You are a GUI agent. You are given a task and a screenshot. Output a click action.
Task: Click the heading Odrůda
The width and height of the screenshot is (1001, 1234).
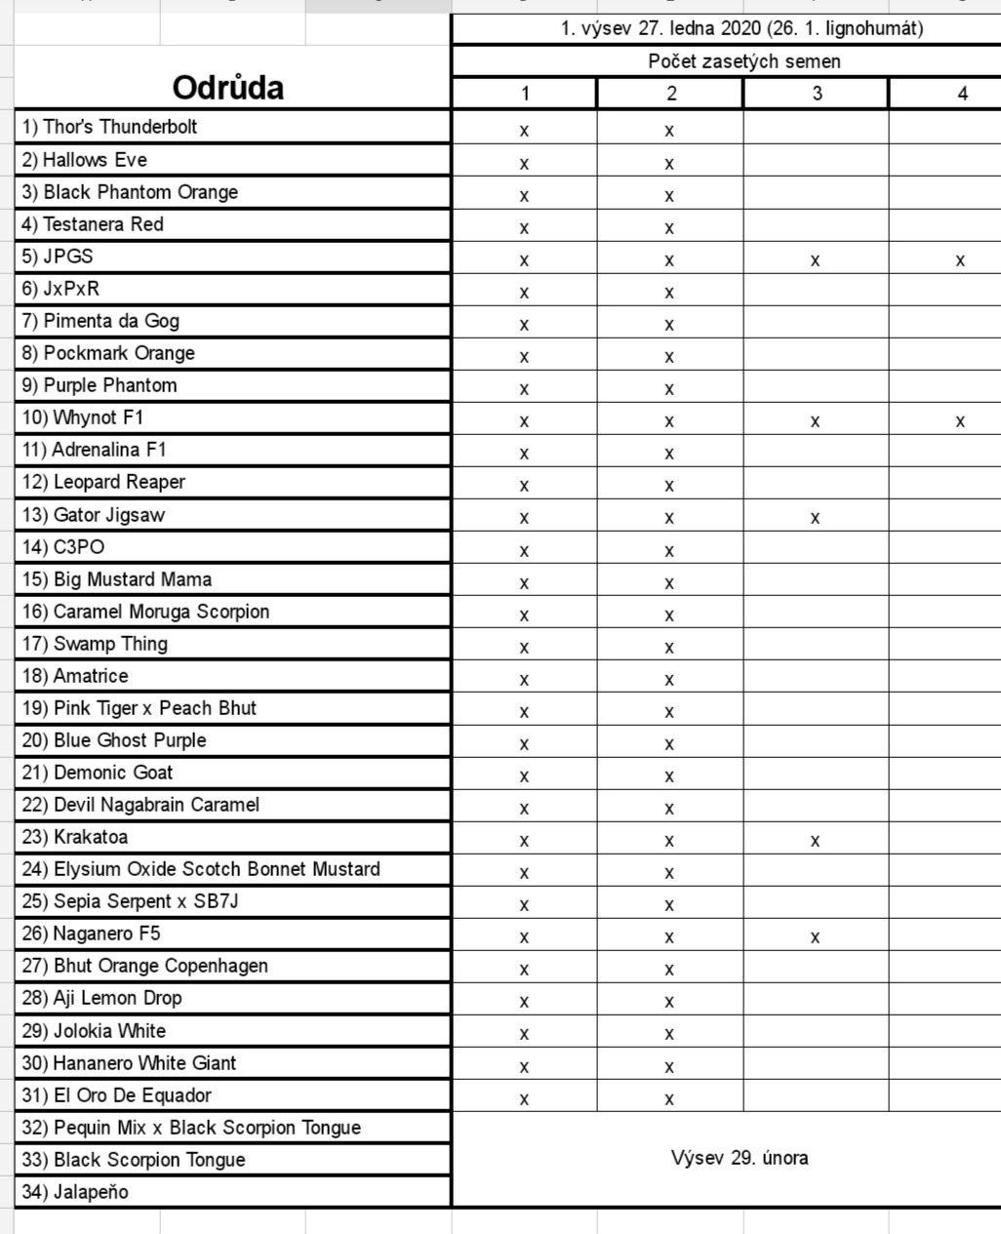click(228, 88)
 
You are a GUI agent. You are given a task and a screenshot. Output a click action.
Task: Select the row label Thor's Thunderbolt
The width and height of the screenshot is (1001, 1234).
click(110, 127)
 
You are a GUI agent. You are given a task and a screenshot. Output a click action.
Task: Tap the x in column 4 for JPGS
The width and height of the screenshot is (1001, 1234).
click(961, 260)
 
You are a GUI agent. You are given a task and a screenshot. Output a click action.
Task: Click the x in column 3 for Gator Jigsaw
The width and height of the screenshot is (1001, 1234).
click(816, 518)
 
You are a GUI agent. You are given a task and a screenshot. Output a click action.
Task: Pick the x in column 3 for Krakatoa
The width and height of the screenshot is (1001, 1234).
click(816, 841)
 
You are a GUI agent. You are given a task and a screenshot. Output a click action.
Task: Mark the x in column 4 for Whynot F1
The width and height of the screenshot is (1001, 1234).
click(961, 421)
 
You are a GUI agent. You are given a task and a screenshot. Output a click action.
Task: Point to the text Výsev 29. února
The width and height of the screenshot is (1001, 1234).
click(740, 1158)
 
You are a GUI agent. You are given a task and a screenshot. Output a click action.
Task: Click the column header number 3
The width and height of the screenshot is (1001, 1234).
click(817, 94)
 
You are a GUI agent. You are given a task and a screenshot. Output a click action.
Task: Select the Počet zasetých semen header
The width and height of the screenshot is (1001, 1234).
click(743, 61)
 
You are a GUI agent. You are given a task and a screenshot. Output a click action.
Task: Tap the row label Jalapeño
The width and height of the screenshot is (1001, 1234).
click(75, 1192)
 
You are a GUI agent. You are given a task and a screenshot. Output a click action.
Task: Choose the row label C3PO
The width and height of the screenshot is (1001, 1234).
click(63, 547)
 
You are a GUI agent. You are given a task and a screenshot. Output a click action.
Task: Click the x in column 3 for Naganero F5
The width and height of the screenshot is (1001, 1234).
click(816, 937)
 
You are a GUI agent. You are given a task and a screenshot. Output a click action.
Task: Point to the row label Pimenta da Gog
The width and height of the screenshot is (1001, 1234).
click(100, 321)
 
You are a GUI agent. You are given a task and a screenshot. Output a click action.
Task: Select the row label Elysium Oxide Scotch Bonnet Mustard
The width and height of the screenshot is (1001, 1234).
click(201, 869)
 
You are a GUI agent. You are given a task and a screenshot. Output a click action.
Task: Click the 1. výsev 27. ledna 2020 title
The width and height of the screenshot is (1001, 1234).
click(741, 28)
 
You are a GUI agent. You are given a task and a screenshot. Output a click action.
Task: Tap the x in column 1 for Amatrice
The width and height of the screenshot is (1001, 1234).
click(524, 679)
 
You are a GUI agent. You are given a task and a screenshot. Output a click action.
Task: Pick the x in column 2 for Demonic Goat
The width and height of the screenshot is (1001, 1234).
click(669, 776)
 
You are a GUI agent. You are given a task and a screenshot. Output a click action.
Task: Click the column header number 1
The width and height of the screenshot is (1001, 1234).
click(525, 94)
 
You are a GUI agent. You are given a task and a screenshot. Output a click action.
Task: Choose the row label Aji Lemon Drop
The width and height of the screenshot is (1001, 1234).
click(102, 998)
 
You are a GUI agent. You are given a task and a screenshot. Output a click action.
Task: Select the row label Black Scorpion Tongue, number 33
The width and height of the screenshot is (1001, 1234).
click(134, 1160)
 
